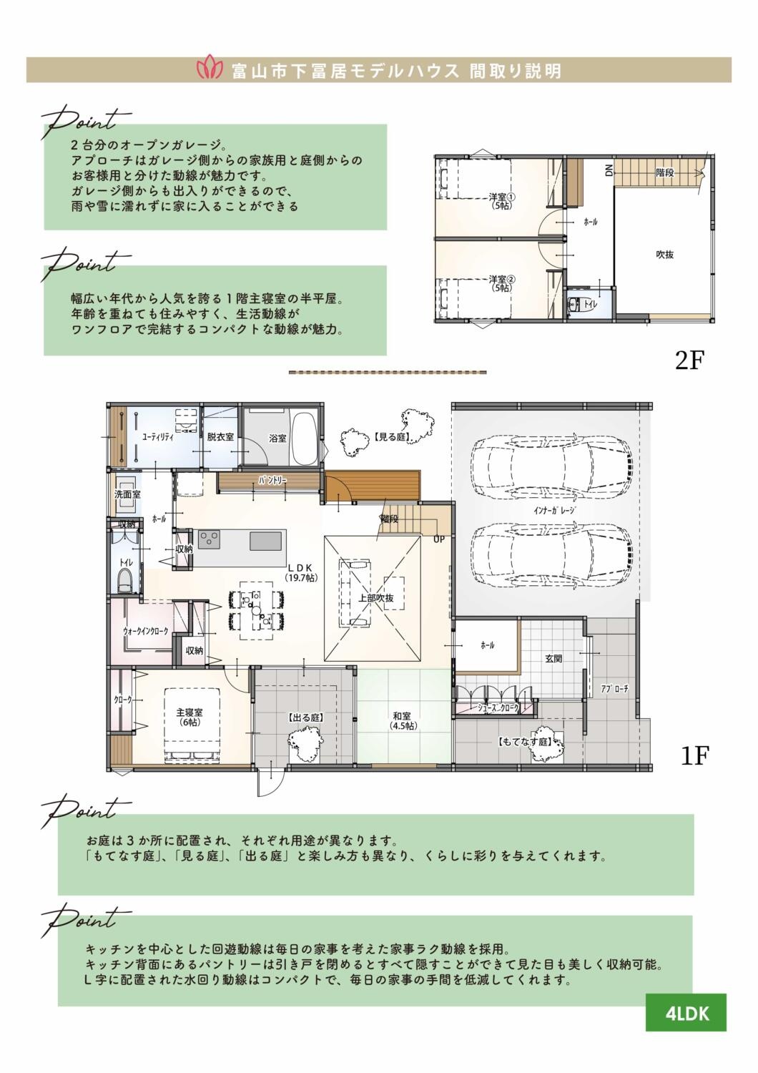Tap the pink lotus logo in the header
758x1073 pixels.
[x=210, y=70]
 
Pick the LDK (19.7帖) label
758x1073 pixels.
[x=301, y=574]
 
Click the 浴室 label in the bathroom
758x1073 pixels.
[x=277, y=438]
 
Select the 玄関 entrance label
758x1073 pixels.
[x=553, y=659]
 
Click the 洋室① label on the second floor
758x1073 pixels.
[x=502, y=197]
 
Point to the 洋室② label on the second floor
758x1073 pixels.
[x=502, y=279]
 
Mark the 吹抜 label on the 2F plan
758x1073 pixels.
[x=664, y=255]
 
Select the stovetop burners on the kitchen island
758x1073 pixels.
[x=209, y=539]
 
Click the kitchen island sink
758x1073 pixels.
[x=262, y=542]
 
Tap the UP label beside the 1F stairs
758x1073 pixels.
[x=439, y=539]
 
